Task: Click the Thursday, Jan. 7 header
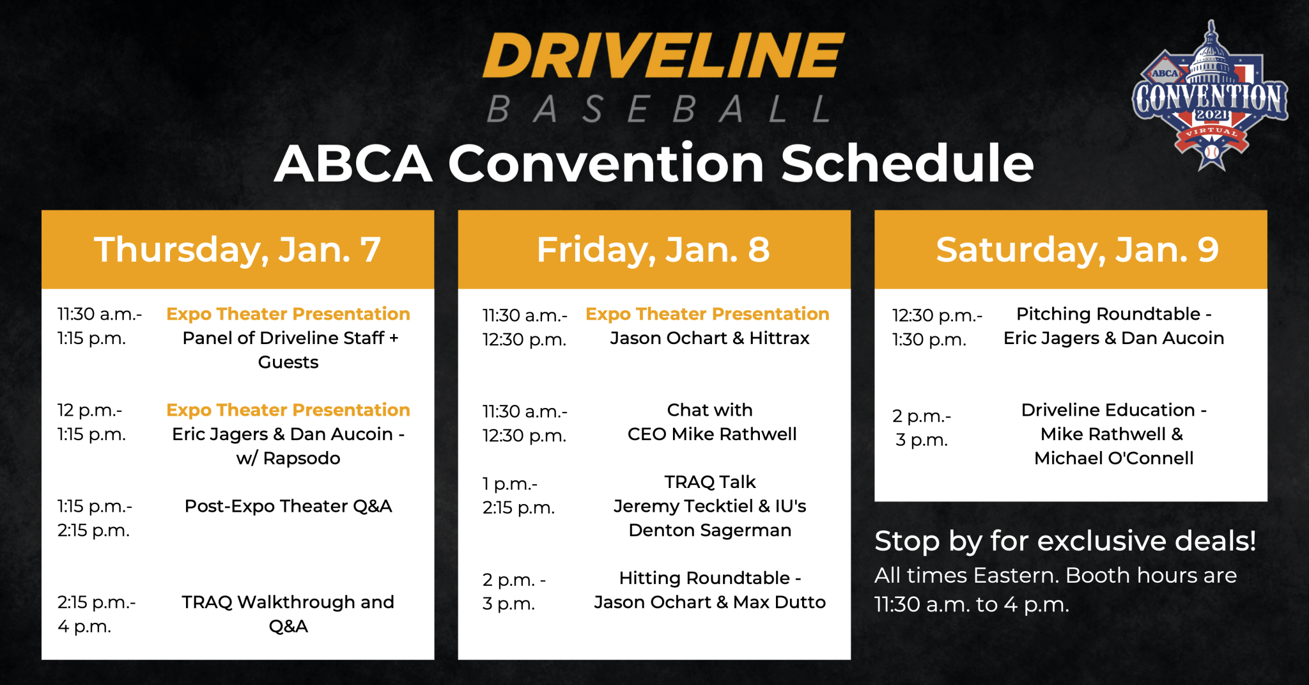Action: (x=238, y=249)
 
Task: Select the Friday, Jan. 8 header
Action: (x=653, y=249)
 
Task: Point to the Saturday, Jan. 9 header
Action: (x=1078, y=249)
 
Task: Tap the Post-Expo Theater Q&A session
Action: (x=288, y=506)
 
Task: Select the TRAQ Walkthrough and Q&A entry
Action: (x=288, y=614)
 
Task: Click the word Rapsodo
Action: (x=302, y=458)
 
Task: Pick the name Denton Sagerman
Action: (x=710, y=530)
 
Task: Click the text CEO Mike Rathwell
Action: (x=712, y=434)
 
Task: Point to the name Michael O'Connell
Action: (x=1114, y=458)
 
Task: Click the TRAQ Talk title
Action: (x=710, y=482)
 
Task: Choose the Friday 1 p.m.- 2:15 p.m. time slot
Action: (x=518, y=496)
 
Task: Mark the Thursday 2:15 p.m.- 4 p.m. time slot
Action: (x=97, y=614)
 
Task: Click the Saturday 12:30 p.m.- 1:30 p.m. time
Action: (x=938, y=327)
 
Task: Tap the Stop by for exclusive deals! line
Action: (x=1065, y=541)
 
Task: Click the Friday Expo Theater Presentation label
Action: (x=708, y=314)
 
